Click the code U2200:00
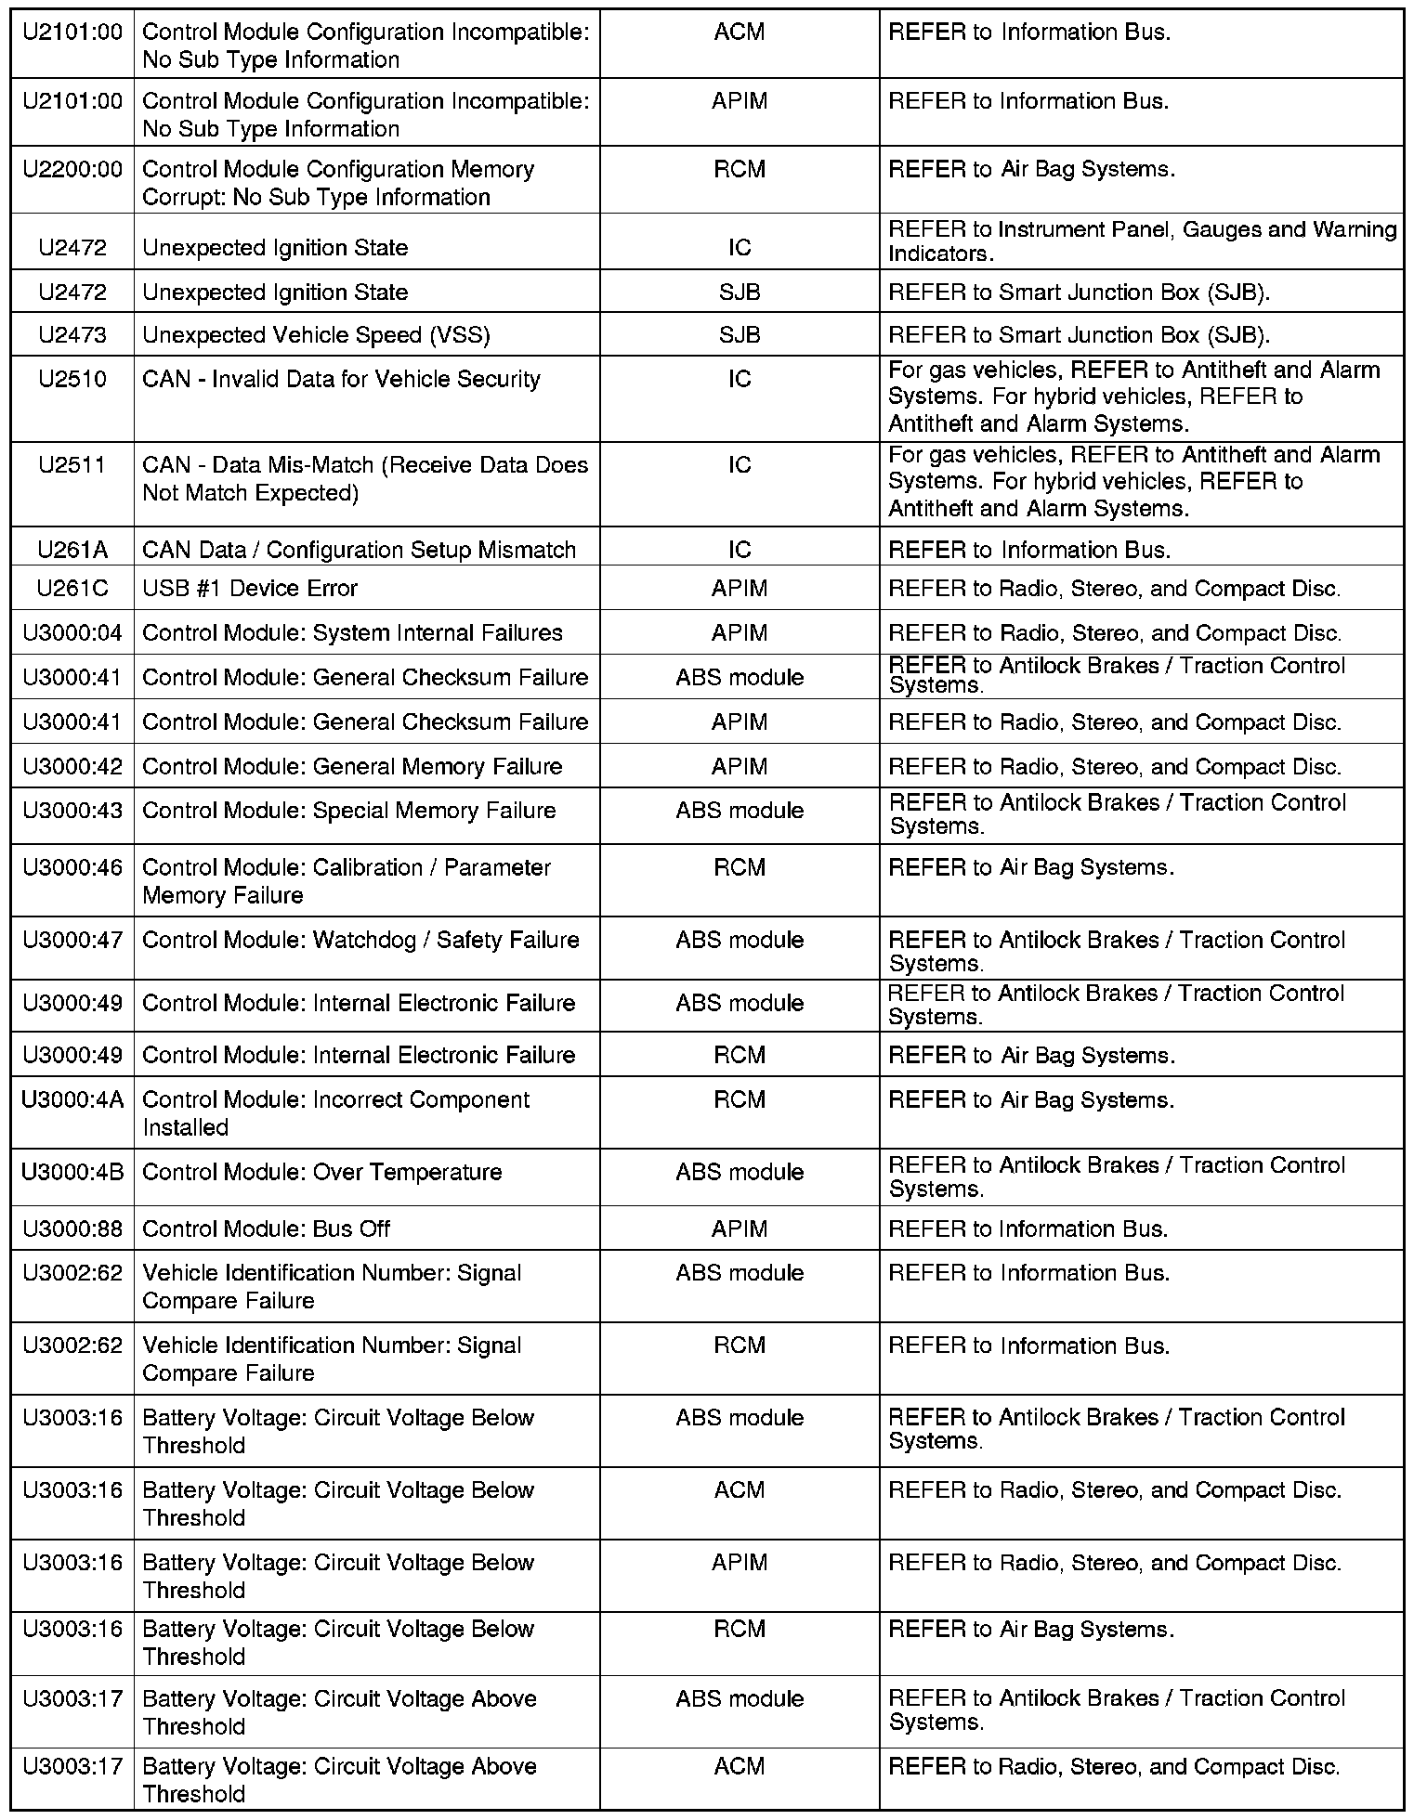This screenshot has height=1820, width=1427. coord(72,170)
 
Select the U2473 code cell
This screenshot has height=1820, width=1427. coord(72,335)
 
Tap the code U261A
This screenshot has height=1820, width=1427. coord(72,550)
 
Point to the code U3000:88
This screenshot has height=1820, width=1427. coord(72,1228)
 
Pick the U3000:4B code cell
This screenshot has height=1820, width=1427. coord(72,1172)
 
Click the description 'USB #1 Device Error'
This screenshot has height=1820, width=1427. coord(250,589)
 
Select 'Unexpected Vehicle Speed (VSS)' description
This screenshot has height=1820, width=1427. coord(316,335)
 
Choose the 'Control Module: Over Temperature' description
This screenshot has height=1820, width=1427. coord(321,1172)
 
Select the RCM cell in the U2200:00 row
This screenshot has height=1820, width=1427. coord(740,170)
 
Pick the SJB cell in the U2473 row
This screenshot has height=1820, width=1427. coord(740,335)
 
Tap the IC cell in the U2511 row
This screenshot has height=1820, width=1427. coord(740,465)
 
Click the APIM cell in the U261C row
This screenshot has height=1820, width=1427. coord(740,589)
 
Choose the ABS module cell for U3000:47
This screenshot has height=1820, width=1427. coord(740,940)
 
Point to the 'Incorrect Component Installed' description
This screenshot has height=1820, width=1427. coord(335,1113)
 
